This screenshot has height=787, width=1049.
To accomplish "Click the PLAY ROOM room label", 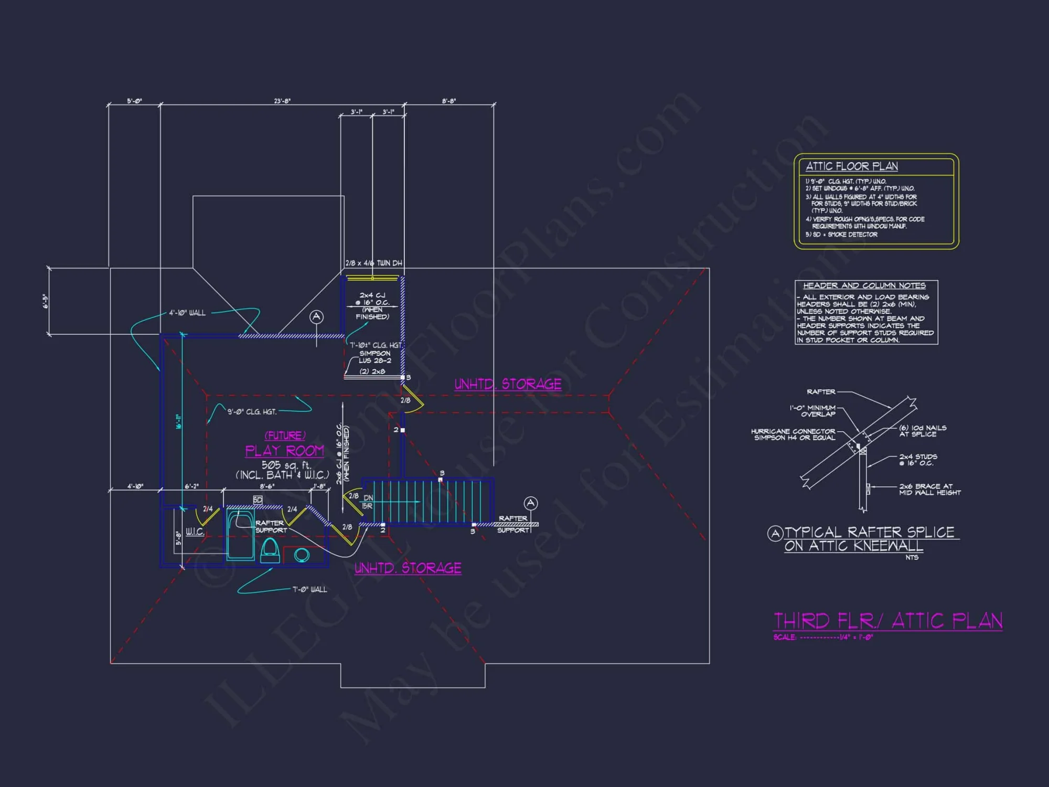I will point(284,451).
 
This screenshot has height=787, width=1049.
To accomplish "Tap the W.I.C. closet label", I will point(195,532).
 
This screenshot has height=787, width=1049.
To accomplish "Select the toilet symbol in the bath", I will point(270,550).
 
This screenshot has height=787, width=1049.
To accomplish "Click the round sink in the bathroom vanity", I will point(302,555).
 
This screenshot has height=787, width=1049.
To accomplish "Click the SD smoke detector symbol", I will point(258,500).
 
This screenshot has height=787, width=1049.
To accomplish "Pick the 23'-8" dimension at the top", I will point(282,101).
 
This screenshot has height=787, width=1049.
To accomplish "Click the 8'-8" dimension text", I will point(449,101).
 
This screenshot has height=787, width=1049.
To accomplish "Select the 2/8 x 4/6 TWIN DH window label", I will point(373,263).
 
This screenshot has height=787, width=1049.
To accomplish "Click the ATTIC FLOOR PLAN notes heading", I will point(852,167).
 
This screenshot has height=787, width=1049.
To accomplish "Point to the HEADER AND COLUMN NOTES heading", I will point(864,286).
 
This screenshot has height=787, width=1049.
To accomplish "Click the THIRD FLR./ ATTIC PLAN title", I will point(888,621).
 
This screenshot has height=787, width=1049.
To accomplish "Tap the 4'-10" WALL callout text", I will point(187,313).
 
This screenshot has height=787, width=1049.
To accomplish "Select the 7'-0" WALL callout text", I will point(309,590).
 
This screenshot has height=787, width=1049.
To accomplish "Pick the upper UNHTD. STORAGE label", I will point(508,385).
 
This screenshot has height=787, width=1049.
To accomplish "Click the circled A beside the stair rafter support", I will point(531,504).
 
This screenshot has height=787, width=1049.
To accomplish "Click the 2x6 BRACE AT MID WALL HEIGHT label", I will point(929,490).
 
